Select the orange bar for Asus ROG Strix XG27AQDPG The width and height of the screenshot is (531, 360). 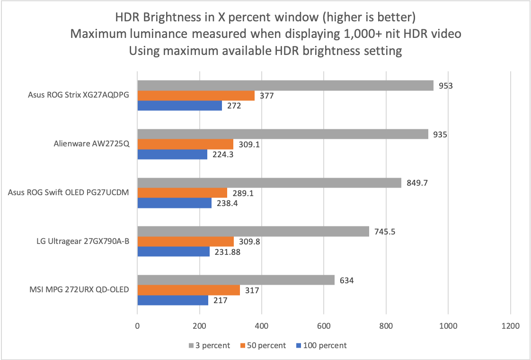coord(196,96)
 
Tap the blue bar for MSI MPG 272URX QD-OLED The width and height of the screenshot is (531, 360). coord(173,300)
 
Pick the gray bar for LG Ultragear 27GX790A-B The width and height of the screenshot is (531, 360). coord(253,231)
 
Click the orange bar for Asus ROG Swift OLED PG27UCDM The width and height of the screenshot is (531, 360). coord(182,193)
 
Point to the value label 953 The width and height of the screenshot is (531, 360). coord(446,86)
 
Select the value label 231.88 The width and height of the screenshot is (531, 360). coord(227,252)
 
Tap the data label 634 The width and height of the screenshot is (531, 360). coord(347,280)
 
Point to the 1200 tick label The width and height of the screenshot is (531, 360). coord(510,326)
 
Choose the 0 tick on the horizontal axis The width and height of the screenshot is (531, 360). coord(137,326)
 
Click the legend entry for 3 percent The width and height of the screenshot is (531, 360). coord(209,345)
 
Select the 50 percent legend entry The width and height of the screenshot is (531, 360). coord(263,345)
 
